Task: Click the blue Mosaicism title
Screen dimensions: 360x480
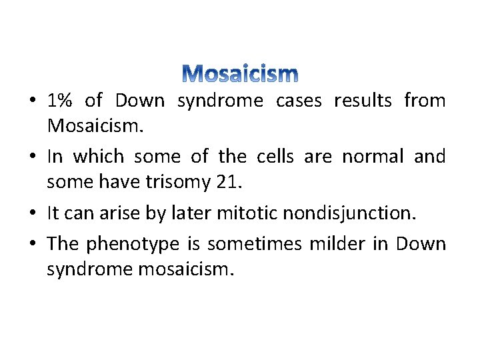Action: (x=240, y=73)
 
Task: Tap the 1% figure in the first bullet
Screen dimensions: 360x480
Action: (x=60, y=101)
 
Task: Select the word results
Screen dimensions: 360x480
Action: (x=363, y=101)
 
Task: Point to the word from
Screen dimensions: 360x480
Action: (x=425, y=101)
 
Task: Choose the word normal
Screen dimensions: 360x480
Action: (x=373, y=157)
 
